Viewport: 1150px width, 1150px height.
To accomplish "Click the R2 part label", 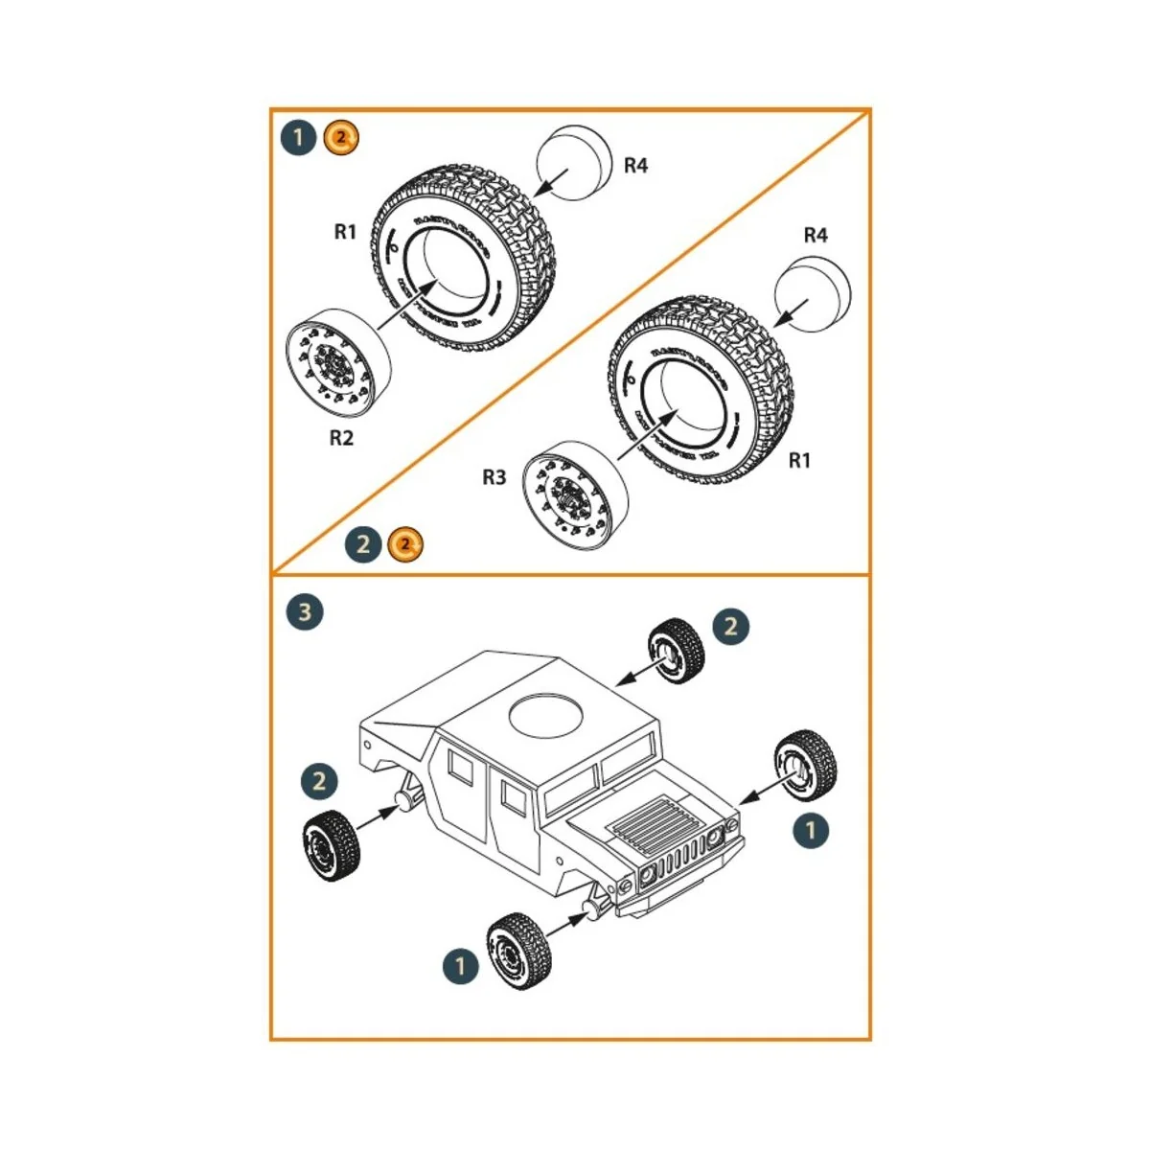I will (x=341, y=438).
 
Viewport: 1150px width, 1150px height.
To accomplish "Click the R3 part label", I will (x=494, y=477).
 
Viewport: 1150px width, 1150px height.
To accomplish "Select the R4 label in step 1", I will (x=635, y=166).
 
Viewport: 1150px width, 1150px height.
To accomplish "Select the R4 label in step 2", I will (x=815, y=235).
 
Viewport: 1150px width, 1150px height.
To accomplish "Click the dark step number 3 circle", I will (x=305, y=611).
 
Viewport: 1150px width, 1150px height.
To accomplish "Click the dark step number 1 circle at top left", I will (x=298, y=138).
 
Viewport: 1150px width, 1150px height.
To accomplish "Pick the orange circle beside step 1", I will (x=341, y=138).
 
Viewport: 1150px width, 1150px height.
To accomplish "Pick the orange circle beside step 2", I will (x=405, y=545).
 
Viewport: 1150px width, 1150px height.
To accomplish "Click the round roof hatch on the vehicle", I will (x=547, y=716).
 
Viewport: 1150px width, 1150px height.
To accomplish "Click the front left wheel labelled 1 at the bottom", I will (x=519, y=951).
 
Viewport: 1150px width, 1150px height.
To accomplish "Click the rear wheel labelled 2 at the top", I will (x=677, y=652).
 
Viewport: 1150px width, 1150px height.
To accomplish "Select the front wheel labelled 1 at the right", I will (x=805, y=764).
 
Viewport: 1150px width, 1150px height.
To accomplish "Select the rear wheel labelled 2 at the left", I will (x=331, y=846).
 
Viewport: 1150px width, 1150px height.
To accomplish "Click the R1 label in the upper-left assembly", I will (x=345, y=231).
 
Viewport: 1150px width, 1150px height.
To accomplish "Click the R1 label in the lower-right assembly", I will (x=799, y=461).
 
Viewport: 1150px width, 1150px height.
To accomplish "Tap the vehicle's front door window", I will (x=514, y=797).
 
